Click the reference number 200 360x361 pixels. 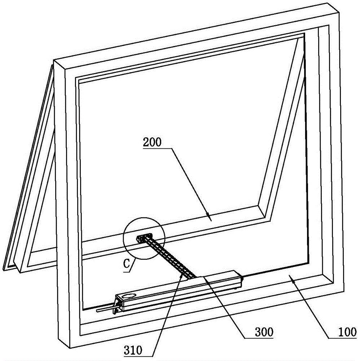pos(152,143)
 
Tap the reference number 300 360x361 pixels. pos(264,332)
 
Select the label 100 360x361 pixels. pos(347,332)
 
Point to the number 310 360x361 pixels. pos(133,351)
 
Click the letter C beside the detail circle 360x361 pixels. pos(127,264)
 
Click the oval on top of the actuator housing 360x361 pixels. pos(129,296)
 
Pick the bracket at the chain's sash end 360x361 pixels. pos(144,238)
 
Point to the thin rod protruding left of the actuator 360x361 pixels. pos(105,310)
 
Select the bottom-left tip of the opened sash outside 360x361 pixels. pos(3,269)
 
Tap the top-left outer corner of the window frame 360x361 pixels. pos(53,60)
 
